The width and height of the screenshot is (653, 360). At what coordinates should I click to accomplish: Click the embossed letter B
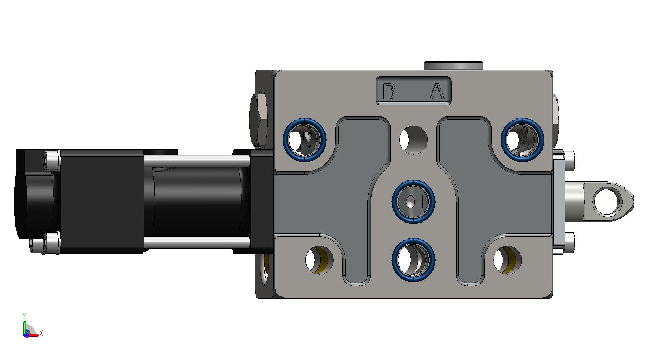point(389,91)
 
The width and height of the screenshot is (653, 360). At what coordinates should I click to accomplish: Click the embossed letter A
point(437,91)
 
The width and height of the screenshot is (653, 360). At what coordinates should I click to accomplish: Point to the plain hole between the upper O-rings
point(414,140)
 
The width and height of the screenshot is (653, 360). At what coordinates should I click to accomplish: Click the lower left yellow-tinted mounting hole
point(320,260)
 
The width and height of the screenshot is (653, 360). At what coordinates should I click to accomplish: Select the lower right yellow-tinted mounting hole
point(507,260)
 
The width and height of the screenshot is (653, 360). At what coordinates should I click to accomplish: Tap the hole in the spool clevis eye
point(607,202)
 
